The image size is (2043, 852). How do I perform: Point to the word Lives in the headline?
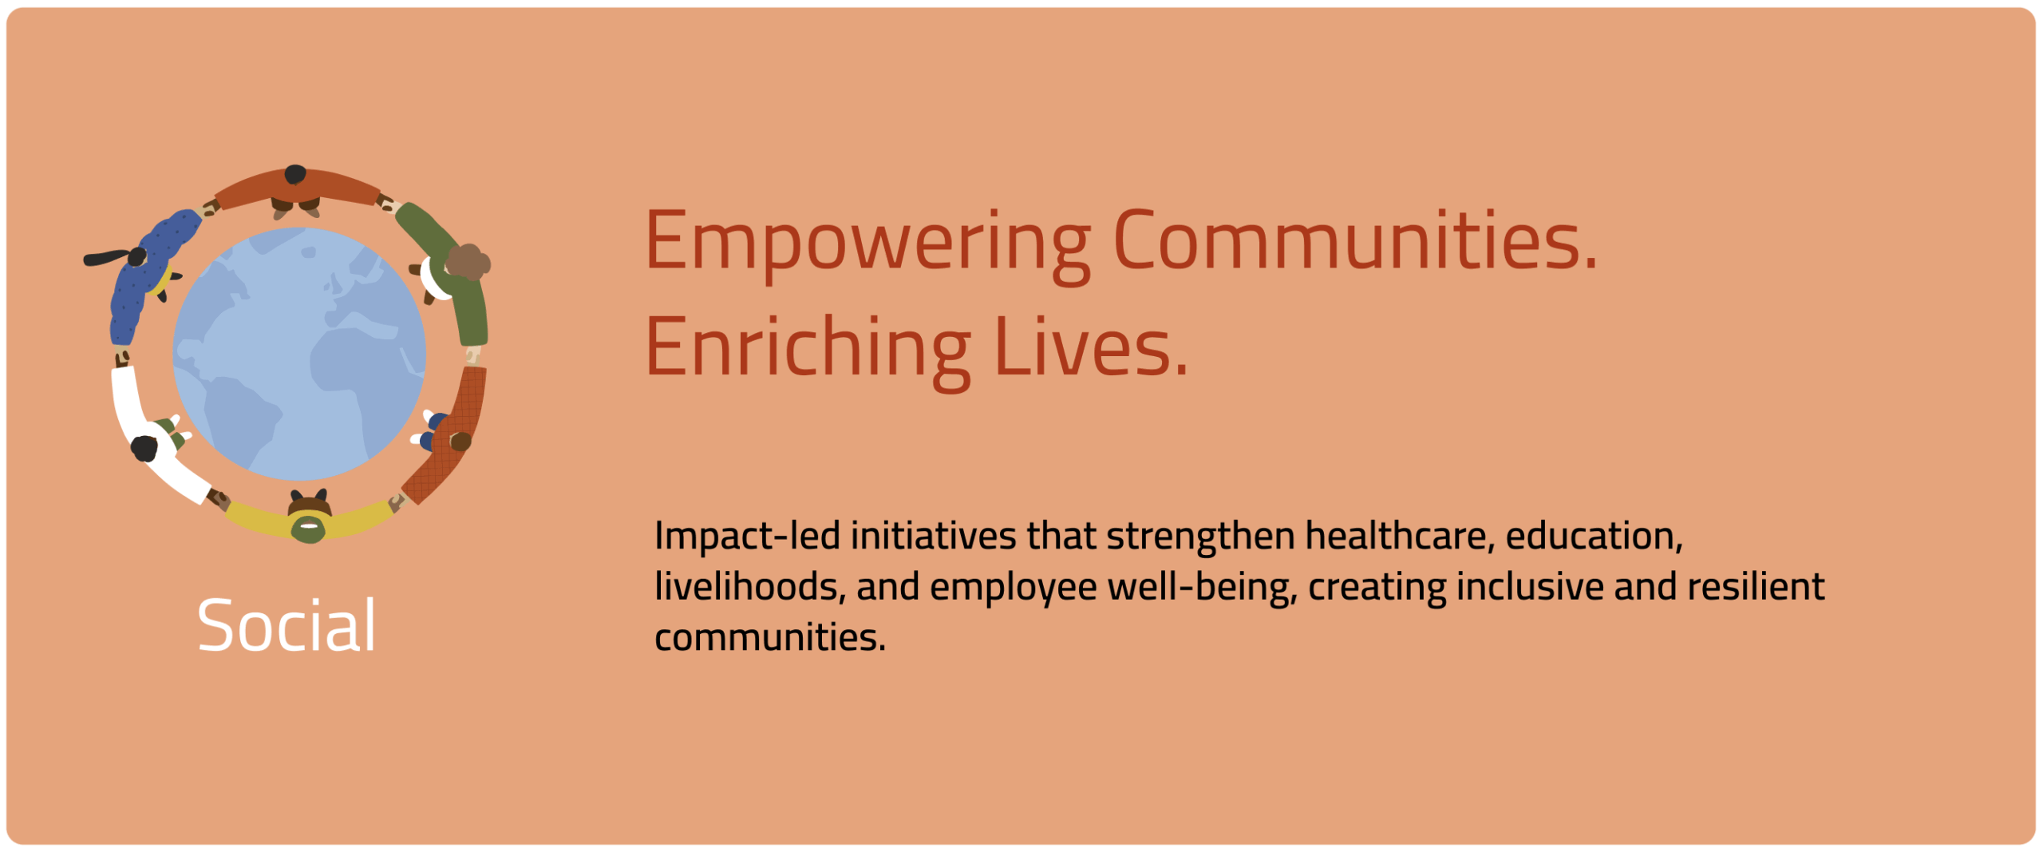coord(1091,346)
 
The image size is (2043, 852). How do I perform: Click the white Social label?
coord(286,626)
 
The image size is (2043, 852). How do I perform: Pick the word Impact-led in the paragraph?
coord(747,537)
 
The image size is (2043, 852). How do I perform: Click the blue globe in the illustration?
coord(299,355)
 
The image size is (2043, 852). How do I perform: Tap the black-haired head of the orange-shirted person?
coord(295,174)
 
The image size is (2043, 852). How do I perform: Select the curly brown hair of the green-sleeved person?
coord(468,262)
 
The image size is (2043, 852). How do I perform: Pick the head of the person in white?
coord(144,449)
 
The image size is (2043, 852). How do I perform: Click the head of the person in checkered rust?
coord(460,441)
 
